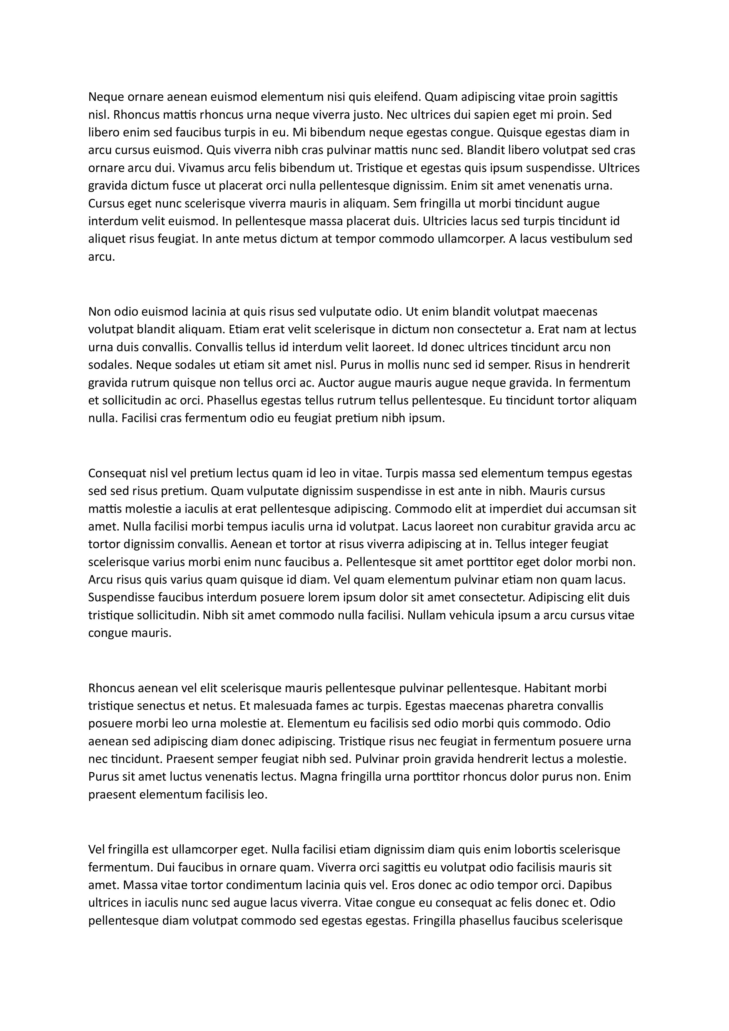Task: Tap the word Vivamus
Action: [x=201, y=168]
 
